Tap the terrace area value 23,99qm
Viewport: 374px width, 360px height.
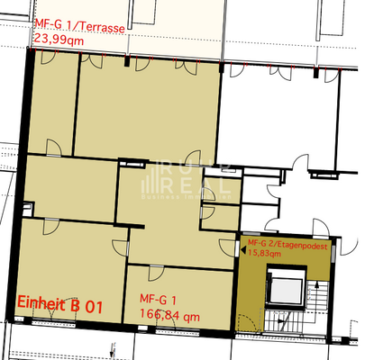point(59,40)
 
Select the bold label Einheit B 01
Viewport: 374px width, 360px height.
point(60,306)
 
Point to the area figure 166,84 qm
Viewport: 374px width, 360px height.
point(169,314)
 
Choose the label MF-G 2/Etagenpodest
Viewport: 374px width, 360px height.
point(286,243)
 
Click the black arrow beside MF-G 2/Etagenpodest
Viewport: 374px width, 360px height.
point(242,254)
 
